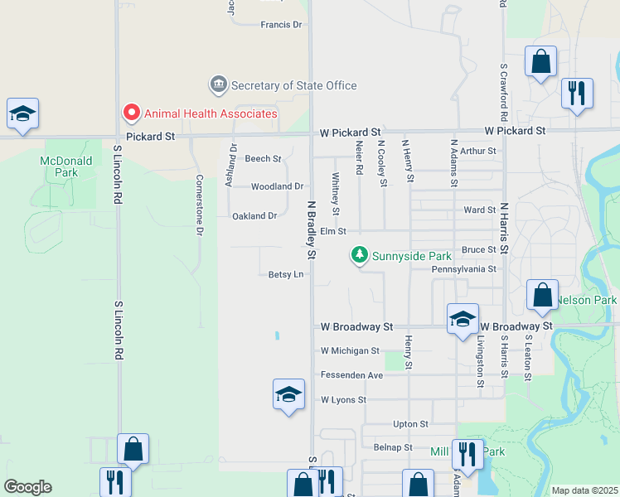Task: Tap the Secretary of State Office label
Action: pos(293,85)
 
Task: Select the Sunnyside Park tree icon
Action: pos(359,255)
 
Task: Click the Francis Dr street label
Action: pos(281,25)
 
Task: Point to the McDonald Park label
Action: pos(59,166)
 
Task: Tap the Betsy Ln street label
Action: pos(286,274)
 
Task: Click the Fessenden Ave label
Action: pos(351,375)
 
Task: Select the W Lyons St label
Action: pos(343,400)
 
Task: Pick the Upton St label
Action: pos(410,424)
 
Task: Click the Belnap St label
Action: pos(393,447)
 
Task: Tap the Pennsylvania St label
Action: pos(463,269)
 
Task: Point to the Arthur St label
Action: pos(478,151)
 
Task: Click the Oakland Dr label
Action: pos(254,216)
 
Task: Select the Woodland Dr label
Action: pos(277,186)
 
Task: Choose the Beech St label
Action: pos(263,158)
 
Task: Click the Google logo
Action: pos(27,487)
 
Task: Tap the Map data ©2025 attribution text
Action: pos(584,490)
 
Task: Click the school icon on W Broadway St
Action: pos(463,320)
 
